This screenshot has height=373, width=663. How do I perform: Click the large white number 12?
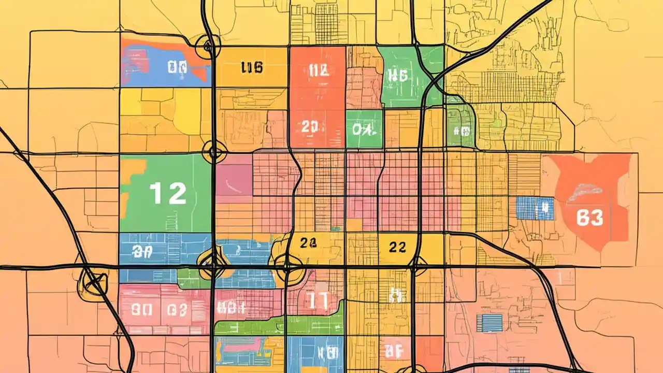coord(168,193)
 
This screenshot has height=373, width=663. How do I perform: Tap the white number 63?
coord(589,218)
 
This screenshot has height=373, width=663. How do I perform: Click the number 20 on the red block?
coord(312,127)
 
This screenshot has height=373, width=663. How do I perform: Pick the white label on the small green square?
coord(363,128)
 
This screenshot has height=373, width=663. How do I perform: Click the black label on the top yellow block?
coord(252,67)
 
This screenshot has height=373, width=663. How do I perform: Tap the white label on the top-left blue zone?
coord(177,67)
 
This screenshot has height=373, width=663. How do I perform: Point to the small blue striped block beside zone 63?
coord(535,208)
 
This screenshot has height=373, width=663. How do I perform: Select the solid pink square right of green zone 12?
coord(234,175)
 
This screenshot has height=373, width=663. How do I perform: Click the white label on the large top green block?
coord(397,76)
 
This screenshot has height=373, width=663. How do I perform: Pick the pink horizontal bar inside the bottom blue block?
coord(243,345)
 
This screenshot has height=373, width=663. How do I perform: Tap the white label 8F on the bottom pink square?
coord(395,352)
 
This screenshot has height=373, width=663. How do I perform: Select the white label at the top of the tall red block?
coord(318,71)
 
